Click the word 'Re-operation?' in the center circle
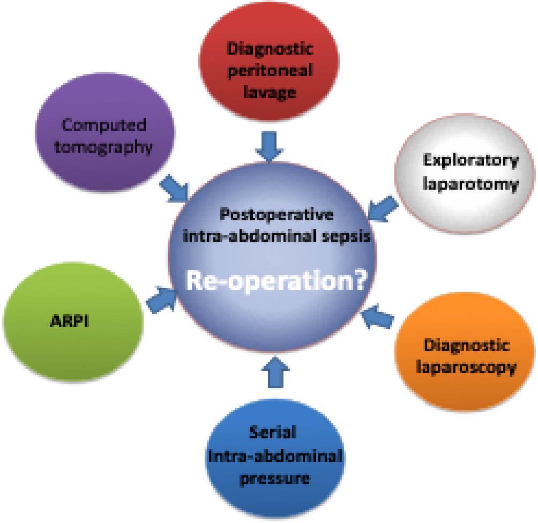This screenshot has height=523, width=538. click(276, 280)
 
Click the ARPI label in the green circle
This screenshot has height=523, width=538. click(70, 321)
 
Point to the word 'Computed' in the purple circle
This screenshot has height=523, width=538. click(104, 125)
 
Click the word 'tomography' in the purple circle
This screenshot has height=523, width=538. click(103, 147)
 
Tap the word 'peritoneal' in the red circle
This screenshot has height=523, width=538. click(270, 71)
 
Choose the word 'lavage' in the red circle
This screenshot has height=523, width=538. click(270, 92)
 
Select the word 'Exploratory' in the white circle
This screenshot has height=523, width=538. click(470, 161)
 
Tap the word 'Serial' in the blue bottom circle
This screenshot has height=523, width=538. click(273, 432)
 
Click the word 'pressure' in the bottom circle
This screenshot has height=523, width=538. click(275, 479)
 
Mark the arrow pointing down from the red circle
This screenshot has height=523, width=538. click(270, 146)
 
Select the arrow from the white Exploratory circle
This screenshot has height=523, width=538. click(383, 208)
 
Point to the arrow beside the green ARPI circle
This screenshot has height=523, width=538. click(161, 300)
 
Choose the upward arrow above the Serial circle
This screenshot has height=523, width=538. click(275, 372)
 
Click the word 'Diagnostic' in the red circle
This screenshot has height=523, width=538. click(270, 49)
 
